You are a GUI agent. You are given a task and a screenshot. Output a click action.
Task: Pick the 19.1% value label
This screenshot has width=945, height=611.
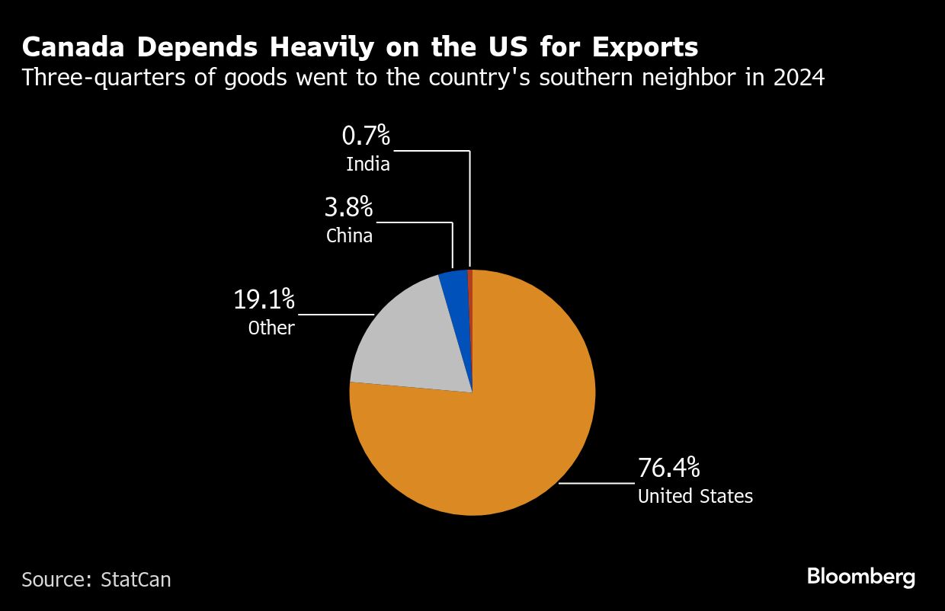(264, 299)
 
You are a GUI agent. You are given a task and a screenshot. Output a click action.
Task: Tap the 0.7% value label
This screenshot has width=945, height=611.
(366, 136)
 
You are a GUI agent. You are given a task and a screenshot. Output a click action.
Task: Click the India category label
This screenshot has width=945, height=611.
(367, 164)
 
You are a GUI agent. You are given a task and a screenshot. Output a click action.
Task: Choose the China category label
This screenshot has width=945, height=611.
(349, 235)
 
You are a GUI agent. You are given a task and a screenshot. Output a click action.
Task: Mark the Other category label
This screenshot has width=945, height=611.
(271, 328)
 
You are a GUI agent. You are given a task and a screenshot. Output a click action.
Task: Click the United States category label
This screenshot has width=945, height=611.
(695, 497)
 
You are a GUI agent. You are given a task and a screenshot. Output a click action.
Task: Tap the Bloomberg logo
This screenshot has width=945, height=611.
(861, 577)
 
